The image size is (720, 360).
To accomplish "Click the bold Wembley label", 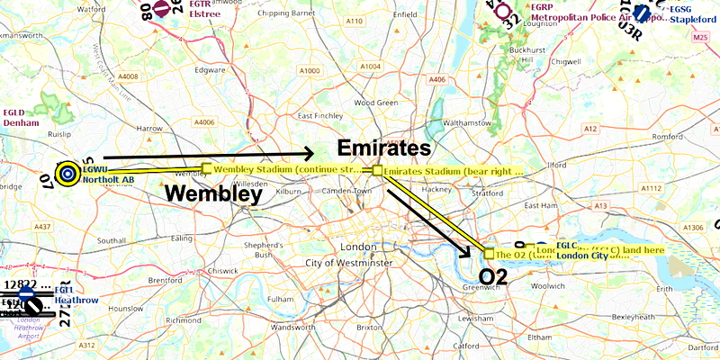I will pos(212,193).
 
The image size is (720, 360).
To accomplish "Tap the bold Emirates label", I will pos(384,148).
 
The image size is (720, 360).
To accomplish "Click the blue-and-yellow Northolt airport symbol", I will pos(67,174).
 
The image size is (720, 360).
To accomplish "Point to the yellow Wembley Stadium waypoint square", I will pos(207,168).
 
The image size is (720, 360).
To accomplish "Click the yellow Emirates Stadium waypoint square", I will pos(378,170).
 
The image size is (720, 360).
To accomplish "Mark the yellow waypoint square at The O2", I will pos(489,253).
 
